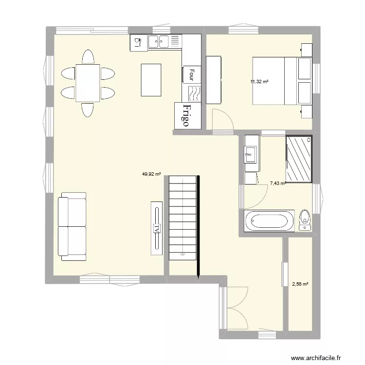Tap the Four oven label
192,74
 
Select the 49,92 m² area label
151,172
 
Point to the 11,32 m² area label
259,82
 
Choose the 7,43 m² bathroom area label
277,183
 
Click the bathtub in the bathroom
269,221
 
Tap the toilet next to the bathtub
305,219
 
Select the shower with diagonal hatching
298,159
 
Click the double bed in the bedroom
274,81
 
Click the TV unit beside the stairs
157,227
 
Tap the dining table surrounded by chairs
88,83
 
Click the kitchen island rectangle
151,79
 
